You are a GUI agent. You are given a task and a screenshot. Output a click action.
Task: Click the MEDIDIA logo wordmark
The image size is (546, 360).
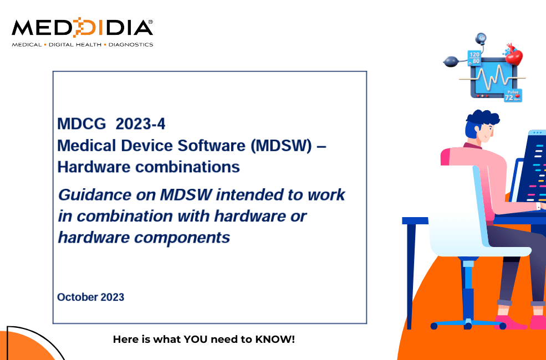tap(82, 28)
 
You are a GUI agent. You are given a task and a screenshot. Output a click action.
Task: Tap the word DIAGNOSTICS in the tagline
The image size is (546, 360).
tap(131, 44)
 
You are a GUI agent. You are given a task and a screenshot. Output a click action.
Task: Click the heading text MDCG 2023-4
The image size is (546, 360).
tap(111, 124)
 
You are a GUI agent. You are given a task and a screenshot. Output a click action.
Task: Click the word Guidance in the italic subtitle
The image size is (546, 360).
tap(94, 194)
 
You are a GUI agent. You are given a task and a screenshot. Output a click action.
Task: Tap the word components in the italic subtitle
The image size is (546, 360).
tap(182, 238)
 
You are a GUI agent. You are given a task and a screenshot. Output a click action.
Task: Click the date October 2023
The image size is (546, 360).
tap(90, 297)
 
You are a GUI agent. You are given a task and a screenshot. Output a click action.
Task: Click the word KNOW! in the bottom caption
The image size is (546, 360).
tap(275, 339)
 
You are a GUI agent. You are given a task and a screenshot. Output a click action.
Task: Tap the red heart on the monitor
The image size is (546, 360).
tap(514, 56)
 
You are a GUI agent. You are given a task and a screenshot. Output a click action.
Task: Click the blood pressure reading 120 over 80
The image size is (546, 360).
tap(474, 58)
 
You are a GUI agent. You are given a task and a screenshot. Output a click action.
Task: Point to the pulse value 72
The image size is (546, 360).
tap(509, 97)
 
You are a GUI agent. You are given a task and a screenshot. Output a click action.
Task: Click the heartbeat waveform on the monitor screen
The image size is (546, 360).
tap(492, 77)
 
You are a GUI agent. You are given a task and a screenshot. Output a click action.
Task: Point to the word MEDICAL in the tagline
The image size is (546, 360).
tap(27, 44)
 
